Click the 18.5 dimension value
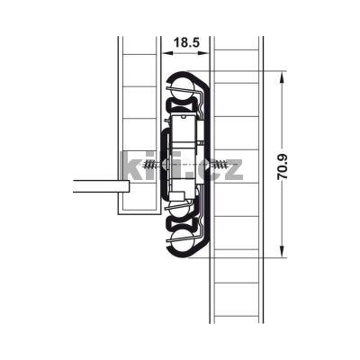click(x=187, y=42)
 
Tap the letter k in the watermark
click(x=130, y=166)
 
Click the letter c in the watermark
click(x=208, y=168)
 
